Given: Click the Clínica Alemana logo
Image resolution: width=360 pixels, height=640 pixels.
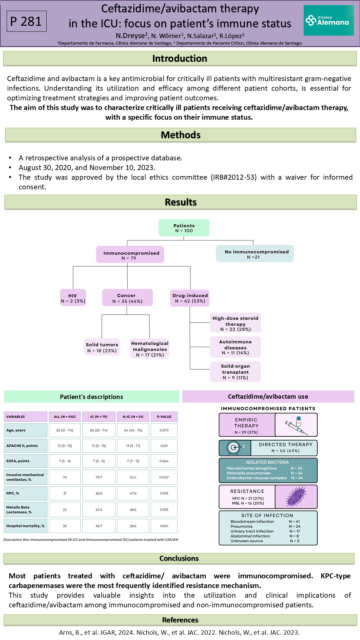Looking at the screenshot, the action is click(329, 20).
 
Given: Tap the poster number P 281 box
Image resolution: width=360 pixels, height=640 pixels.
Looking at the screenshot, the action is click(27, 21).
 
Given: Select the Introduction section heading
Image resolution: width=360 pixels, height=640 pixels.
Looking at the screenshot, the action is click(180, 58).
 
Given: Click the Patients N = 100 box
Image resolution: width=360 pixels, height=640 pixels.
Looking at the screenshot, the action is click(184, 228).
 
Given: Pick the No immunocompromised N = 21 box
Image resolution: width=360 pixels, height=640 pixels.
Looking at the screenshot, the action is click(255, 254).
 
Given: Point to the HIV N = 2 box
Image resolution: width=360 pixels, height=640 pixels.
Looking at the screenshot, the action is click(73, 298).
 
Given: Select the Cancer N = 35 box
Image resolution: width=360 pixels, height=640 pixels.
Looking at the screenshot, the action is click(127, 298).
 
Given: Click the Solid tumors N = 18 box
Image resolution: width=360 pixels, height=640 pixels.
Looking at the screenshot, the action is click(102, 347).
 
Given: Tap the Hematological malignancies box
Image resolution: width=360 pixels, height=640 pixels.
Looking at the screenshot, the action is click(150, 349).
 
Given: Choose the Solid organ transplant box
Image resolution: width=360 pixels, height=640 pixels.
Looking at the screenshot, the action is click(235, 372).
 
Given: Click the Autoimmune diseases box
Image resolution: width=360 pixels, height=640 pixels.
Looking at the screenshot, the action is click(235, 347).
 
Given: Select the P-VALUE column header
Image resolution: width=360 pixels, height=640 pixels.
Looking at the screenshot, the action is click(164, 417).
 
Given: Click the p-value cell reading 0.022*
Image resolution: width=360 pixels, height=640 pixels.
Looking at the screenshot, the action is click(164, 477).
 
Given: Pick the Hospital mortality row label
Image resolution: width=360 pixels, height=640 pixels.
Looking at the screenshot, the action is click(26, 526).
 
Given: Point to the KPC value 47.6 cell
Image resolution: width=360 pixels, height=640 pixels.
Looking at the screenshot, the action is click(133, 493).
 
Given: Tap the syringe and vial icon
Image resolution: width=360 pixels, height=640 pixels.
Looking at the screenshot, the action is click(296, 425).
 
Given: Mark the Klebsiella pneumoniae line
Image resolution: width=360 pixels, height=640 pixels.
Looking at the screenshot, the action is click(265, 473).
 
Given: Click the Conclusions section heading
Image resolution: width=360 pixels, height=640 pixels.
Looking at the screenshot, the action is click(179, 558).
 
